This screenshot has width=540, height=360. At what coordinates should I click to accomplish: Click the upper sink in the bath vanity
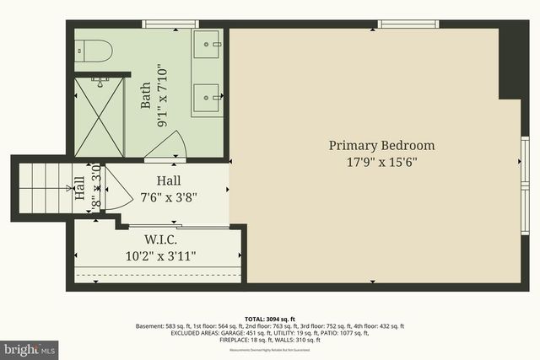[x=208, y=44]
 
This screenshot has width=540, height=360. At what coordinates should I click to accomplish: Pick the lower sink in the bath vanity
[x=208, y=97]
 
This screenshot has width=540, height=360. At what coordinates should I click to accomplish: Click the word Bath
[x=145, y=95]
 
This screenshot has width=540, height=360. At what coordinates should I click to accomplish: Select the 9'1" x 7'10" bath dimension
[x=164, y=95]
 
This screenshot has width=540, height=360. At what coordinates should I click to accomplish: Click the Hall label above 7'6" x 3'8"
[x=170, y=181]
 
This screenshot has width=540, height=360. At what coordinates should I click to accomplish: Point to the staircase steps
[x=41, y=178]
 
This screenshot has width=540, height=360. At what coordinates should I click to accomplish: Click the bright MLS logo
[x=30, y=347]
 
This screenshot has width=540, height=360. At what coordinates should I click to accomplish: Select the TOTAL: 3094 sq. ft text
[x=269, y=318]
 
